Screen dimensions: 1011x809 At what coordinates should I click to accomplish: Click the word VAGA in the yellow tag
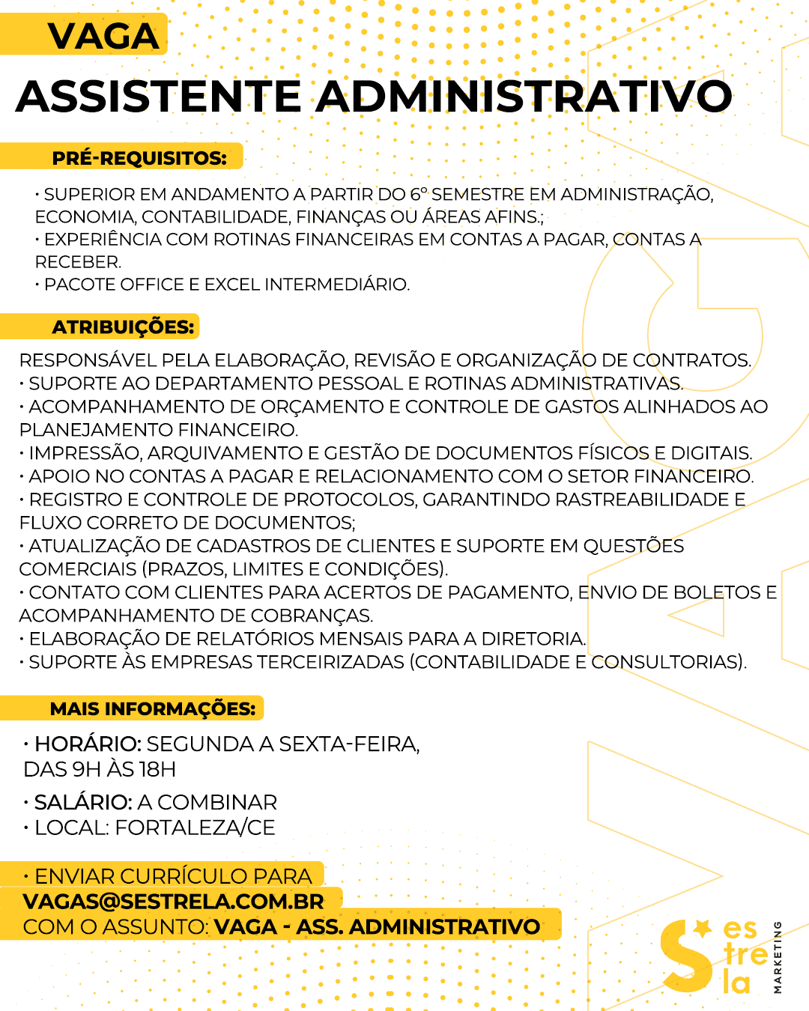[x=103, y=37]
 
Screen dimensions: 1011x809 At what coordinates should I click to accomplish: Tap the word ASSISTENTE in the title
[x=158, y=97]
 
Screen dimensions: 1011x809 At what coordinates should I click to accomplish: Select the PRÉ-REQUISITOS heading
[x=139, y=158]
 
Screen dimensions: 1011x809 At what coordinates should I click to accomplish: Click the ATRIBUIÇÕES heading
[x=123, y=327]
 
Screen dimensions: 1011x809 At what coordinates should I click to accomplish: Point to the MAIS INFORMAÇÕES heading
[x=152, y=708]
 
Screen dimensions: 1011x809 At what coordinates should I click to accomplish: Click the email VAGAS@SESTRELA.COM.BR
[x=173, y=901]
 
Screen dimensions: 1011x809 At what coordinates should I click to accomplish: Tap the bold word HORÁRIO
[x=88, y=744]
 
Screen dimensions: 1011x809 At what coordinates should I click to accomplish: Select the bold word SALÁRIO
[x=83, y=803]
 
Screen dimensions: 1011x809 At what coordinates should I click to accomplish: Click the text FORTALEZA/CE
[x=195, y=828]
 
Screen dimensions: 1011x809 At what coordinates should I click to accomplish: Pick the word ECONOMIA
[x=84, y=217]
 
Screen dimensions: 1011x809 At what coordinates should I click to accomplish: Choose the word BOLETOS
[x=717, y=592]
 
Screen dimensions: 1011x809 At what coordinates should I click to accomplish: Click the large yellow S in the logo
[x=685, y=959]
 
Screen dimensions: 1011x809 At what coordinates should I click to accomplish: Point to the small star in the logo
[x=702, y=929]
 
